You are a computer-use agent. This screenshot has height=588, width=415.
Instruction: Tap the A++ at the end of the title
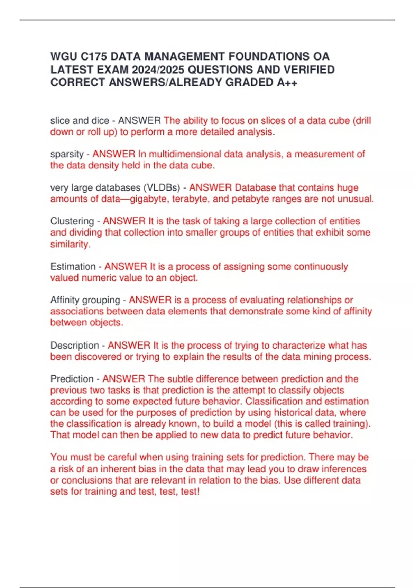pos(287,82)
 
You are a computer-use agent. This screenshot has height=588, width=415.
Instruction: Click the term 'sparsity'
pos(67,154)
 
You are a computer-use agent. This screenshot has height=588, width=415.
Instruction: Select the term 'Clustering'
pos(72,221)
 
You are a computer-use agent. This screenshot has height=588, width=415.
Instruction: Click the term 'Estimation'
pos(73,266)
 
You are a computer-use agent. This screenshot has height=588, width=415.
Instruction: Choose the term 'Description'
pos(74,345)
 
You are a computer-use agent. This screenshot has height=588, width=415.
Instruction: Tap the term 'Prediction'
pos(72,379)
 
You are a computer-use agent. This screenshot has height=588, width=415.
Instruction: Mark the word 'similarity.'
pos(70,244)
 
